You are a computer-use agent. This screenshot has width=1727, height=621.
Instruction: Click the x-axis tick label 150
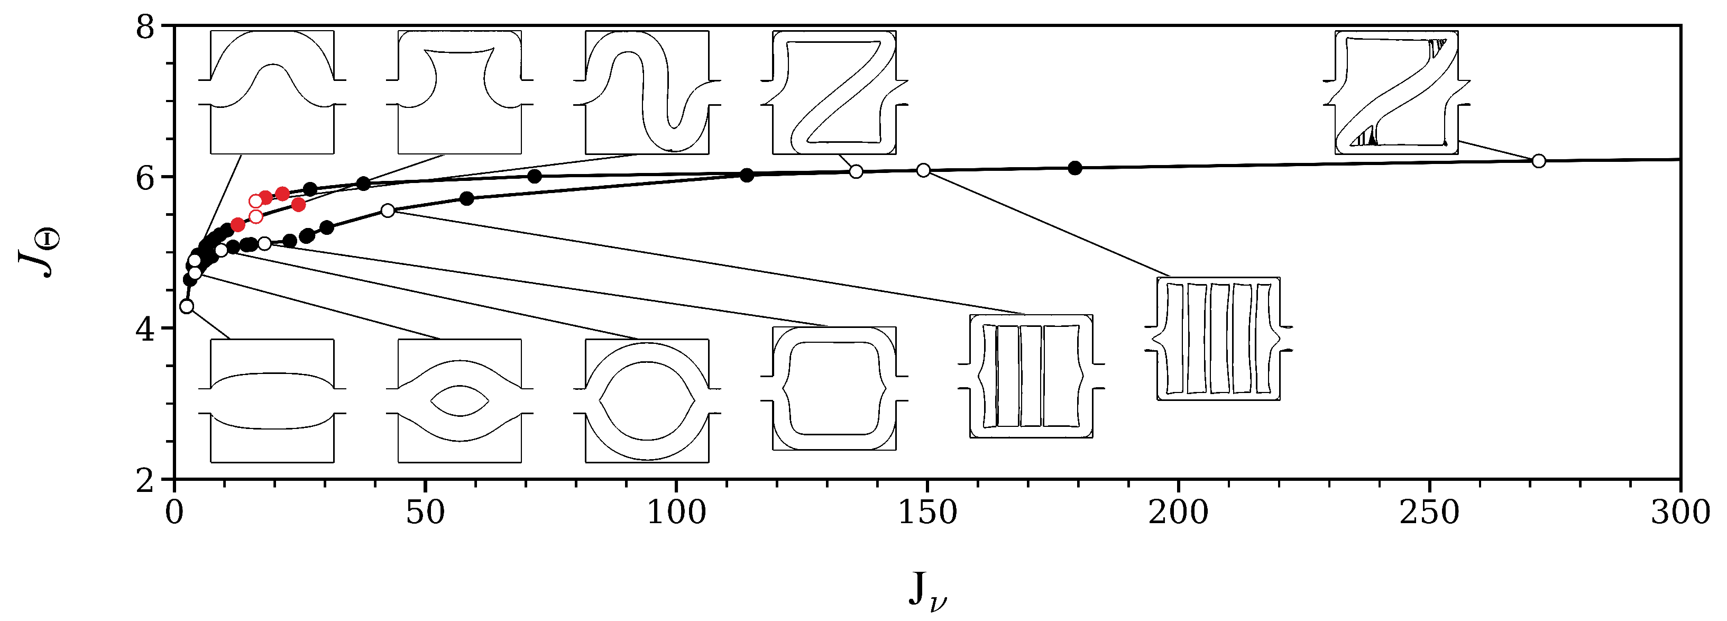927,514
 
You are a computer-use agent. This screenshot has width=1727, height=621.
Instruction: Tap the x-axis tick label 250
1429,514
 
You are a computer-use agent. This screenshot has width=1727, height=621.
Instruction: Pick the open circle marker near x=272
1539,161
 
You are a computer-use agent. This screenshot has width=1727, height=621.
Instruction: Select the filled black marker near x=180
1074,168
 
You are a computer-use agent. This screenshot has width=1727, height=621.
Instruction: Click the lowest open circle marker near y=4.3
187,306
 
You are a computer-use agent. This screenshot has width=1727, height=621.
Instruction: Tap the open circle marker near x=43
388,211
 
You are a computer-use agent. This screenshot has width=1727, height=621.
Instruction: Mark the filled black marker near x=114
747,176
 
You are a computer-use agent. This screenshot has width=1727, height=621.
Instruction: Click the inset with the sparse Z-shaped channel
834,93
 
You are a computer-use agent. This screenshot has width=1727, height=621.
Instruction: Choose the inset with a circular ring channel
647,400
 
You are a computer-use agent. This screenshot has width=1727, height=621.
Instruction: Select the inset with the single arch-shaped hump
272,93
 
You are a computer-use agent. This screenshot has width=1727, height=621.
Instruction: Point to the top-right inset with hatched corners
1397,93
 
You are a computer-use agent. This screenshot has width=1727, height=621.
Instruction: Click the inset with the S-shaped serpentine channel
647,93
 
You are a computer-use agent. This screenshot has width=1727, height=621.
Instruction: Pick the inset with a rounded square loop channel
834,388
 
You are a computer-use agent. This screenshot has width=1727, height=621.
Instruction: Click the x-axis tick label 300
1680,514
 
